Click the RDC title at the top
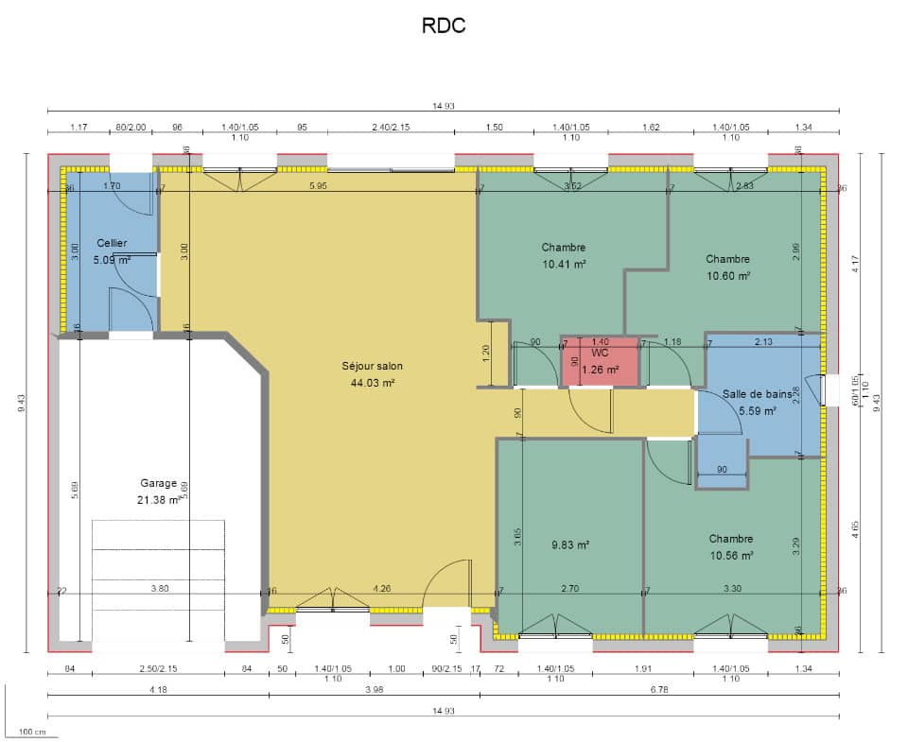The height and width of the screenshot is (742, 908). tap(444, 26)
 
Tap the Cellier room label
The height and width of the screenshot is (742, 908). tap(112, 243)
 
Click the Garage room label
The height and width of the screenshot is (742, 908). tap(159, 483)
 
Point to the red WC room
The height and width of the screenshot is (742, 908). tap(600, 361)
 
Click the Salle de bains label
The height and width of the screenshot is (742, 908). tap(757, 394)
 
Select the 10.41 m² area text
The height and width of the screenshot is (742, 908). tap(564, 265)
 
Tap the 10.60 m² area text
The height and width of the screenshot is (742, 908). tap(727, 276)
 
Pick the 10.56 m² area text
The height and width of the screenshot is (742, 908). tap(731, 556)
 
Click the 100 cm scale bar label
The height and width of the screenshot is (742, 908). tap(33, 733)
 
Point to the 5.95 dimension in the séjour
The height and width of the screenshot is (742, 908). tap(318, 186)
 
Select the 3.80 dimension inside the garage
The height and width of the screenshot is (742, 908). tap(160, 589)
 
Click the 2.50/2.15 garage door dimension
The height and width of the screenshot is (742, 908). tap(158, 670)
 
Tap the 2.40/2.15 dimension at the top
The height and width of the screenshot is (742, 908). tap(391, 127)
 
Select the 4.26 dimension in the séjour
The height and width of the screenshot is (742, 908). tap(381, 589)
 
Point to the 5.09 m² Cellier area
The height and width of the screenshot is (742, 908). tap(112, 259)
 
